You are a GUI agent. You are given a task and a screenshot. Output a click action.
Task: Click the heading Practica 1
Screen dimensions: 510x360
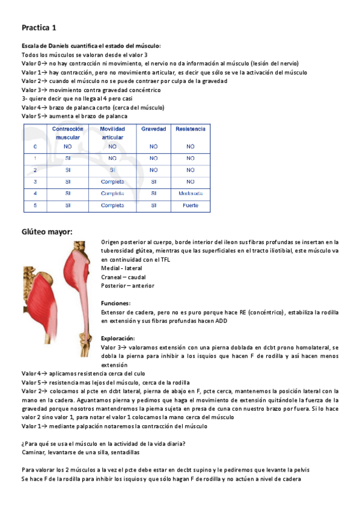point(39,28)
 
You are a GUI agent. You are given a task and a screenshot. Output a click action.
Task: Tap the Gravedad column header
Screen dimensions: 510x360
point(154,129)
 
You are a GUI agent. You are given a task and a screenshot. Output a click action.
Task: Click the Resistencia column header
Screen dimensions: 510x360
point(191,129)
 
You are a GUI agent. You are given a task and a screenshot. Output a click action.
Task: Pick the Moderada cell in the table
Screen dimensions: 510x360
point(191,193)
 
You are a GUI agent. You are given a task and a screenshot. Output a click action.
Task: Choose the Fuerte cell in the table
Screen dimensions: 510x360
point(191,205)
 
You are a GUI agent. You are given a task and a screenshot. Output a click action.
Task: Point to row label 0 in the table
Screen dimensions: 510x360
point(35,146)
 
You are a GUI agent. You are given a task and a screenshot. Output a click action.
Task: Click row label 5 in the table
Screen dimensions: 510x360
point(35,205)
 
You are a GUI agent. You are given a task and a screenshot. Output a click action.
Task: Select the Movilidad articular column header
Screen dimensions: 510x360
point(112,133)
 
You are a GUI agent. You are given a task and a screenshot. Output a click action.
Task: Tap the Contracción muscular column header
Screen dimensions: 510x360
point(67,133)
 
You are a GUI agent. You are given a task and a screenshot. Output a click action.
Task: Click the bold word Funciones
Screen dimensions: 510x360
point(116,304)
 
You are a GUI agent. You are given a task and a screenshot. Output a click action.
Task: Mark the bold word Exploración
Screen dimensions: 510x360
point(118,338)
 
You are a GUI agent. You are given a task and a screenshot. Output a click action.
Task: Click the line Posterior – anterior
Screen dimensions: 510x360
point(127,286)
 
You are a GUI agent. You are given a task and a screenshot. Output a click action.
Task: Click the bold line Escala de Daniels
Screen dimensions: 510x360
point(91,46)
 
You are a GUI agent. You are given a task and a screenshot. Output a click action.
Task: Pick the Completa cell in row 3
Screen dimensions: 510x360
point(112,181)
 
